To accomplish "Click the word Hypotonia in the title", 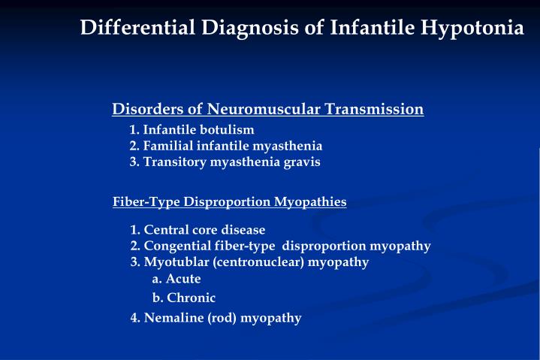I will click(x=472, y=28).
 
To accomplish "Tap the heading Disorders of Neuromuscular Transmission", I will click(x=268, y=110).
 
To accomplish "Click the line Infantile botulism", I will click(x=192, y=129).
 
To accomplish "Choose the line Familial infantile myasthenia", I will click(x=225, y=146).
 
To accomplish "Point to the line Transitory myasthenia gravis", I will click(x=225, y=162).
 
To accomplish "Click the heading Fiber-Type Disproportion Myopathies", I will click(x=229, y=201).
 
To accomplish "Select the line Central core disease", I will click(x=198, y=229).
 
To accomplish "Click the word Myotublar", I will click(x=176, y=262).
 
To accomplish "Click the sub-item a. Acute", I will click(x=176, y=279).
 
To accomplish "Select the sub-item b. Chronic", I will click(x=183, y=298).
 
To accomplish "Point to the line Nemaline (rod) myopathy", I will click(x=216, y=318).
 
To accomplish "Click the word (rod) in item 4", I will click(x=224, y=318).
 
